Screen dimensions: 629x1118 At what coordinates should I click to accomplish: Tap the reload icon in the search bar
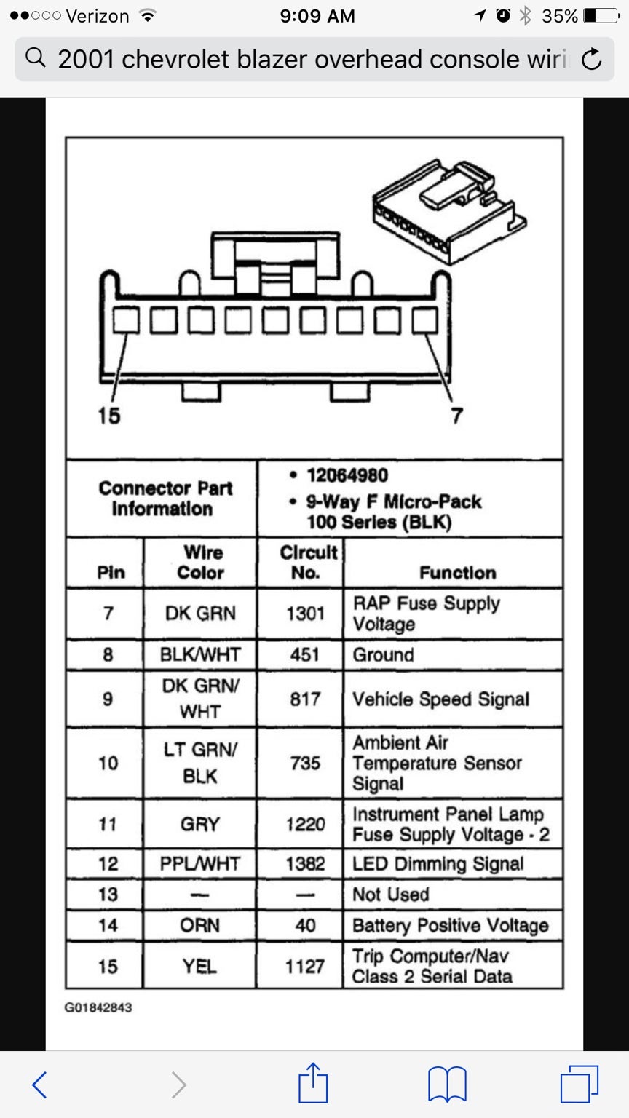[592, 59]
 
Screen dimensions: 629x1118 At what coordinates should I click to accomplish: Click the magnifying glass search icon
[36, 58]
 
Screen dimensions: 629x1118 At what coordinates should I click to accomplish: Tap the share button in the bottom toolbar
[313, 1083]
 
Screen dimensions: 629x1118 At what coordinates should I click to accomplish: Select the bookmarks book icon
[447, 1084]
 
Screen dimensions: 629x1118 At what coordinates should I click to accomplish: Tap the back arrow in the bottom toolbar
[39, 1085]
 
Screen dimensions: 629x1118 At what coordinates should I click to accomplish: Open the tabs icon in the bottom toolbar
[579, 1084]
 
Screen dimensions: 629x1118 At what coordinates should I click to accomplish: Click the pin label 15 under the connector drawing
[108, 416]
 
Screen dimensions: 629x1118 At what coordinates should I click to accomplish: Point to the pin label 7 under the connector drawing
[456, 416]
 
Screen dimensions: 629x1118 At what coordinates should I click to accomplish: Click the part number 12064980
[347, 475]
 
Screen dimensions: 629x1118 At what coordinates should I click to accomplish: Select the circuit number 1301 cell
[305, 614]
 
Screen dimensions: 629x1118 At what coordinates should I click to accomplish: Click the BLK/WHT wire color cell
[200, 654]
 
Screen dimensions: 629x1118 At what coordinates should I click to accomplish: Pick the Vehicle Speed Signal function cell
[453, 699]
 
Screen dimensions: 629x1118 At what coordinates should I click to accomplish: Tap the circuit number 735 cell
[305, 763]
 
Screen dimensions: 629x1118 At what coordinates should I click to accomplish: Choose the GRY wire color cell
[200, 823]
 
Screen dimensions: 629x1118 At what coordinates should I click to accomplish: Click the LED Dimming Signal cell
[453, 863]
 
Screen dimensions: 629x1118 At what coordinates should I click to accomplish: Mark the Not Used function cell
[453, 894]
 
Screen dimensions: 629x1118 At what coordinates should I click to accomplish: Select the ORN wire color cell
[200, 925]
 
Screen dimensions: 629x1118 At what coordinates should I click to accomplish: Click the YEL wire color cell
[200, 966]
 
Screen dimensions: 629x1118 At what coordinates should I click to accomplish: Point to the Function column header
[458, 573]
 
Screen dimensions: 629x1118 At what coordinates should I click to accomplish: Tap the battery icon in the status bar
[602, 16]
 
